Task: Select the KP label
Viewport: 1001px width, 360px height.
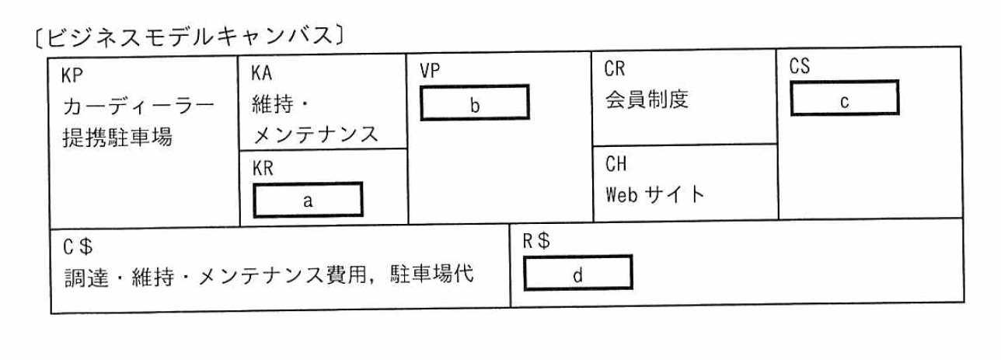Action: pos(72,76)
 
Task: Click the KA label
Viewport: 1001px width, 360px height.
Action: pos(262,74)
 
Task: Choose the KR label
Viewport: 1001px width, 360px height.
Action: pos(263,169)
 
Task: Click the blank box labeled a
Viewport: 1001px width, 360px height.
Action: pos(308,200)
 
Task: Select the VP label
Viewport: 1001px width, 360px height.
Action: pos(430,71)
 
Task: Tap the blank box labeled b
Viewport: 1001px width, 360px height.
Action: pos(474,103)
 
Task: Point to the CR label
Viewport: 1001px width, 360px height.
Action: pos(615,69)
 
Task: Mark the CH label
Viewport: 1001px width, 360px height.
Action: pos(615,164)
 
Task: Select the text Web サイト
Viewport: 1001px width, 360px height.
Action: pos(654,194)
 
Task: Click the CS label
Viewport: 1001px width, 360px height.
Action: pos(800,67)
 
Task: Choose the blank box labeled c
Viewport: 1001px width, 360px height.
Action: pos(844,99)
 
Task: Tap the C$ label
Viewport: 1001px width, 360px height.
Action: pos(78,246)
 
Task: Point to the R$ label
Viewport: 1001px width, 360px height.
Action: pos(535,241)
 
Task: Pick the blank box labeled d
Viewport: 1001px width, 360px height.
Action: pos(577,273)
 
